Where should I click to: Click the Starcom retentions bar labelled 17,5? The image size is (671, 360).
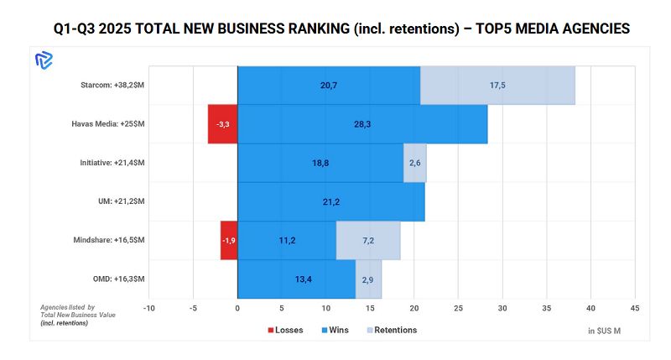click(497, 86)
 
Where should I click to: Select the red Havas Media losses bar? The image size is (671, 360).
click(222, 124)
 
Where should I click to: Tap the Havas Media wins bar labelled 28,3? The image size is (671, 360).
click(362, 124)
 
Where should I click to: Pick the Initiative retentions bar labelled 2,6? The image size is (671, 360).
click(415, 163)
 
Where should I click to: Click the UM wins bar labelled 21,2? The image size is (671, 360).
click(330, 201)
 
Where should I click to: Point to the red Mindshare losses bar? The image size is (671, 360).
click(229, 240)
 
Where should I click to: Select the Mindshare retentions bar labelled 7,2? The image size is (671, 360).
click(368, 240)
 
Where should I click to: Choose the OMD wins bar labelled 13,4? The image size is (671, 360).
click(296, 279)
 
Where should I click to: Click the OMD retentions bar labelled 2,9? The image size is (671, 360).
click(368, 279)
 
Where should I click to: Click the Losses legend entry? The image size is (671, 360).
click(285, 330)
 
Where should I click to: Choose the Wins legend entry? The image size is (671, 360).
click(335, 330)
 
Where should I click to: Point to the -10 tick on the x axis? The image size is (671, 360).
click(148, 308)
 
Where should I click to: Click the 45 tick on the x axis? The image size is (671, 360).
click(635, 308)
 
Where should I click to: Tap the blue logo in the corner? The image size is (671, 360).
click(44, 60)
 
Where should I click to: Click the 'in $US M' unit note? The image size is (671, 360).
click(605, 331)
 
